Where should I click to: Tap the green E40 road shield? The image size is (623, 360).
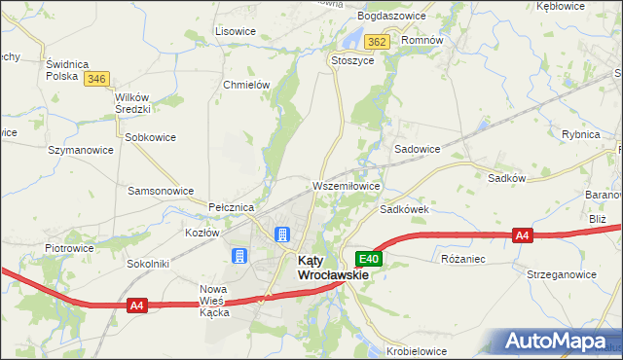[x=368, y=259]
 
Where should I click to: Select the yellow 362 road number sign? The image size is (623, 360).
[x=378, y=41]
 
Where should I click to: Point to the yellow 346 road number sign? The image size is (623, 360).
[x=96, y=79]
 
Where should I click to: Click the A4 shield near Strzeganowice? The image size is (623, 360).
[x=523, y=235]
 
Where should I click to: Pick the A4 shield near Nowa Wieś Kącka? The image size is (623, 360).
[x=138, y=306]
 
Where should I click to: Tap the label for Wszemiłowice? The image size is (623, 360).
[x=346, y=185]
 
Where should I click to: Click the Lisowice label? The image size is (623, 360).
[x=235, y=31]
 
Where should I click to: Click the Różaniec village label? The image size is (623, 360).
[x=462, y=260]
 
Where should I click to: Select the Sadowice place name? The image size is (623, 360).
[x=417, y=150]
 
